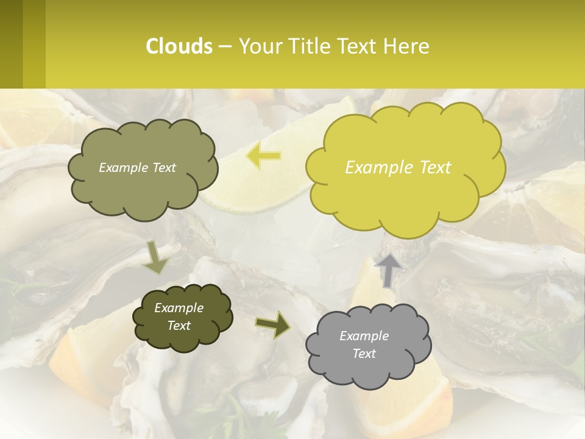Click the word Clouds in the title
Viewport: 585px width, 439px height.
coord(179,46)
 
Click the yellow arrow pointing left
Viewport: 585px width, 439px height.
coord(263,156)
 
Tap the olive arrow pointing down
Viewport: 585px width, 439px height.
coord(157,257)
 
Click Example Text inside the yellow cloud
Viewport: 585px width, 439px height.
coord(398,167)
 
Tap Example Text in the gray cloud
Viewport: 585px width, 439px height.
coord(364,344)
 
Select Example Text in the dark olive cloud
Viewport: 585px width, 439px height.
coord(179,316)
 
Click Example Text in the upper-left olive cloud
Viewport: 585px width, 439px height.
coord(137,168)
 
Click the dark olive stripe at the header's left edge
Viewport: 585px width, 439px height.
coord(11,44)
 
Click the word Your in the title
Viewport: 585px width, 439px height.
coord(257,46)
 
